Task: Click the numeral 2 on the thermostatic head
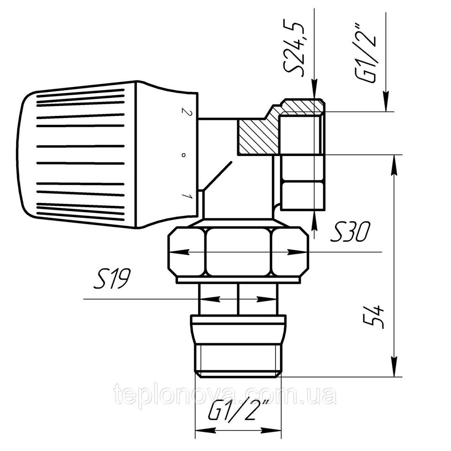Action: click(184, 112)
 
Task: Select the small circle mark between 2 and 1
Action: click(183, 155)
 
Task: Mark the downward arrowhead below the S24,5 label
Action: click(314, 90)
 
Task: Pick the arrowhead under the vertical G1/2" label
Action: click(386, 101)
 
